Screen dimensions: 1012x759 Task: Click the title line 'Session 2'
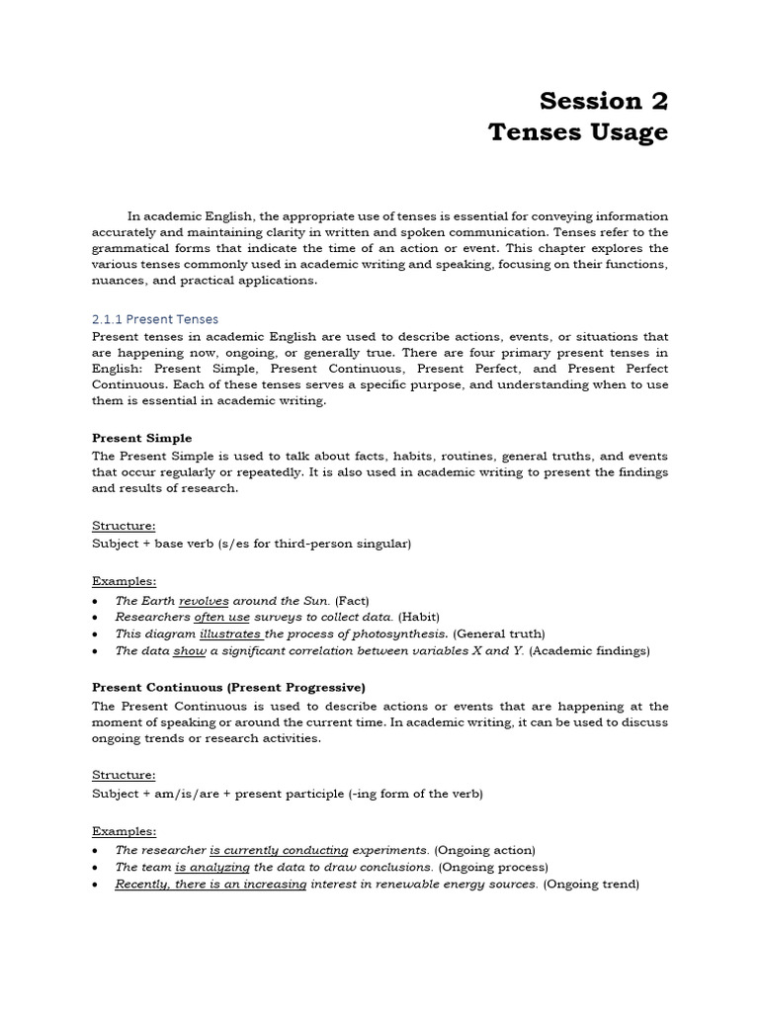pyautogui.click(x=604, y=100)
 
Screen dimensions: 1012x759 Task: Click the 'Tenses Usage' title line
pyautogui.click(x=578, y=131)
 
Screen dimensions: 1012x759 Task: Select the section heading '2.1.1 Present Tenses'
pyautogui.click(x=155, y=319)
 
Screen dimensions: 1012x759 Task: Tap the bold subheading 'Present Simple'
pyautogui.click(x=142, y=438)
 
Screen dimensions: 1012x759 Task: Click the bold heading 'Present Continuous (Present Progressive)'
pyautogui.click(x=228, y=687)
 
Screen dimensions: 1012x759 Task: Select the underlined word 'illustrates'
pyautogui.click(x=231, y=633)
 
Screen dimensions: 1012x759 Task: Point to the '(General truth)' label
pyautogui.click(x=499, y=633)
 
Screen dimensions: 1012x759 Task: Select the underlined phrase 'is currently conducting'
pyautogui.click(x=279, y=850)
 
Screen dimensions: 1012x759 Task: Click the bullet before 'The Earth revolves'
pyautogui.click(x=94, y=601)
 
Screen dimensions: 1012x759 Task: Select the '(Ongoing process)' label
pyautogui.click(x=493, y=867)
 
